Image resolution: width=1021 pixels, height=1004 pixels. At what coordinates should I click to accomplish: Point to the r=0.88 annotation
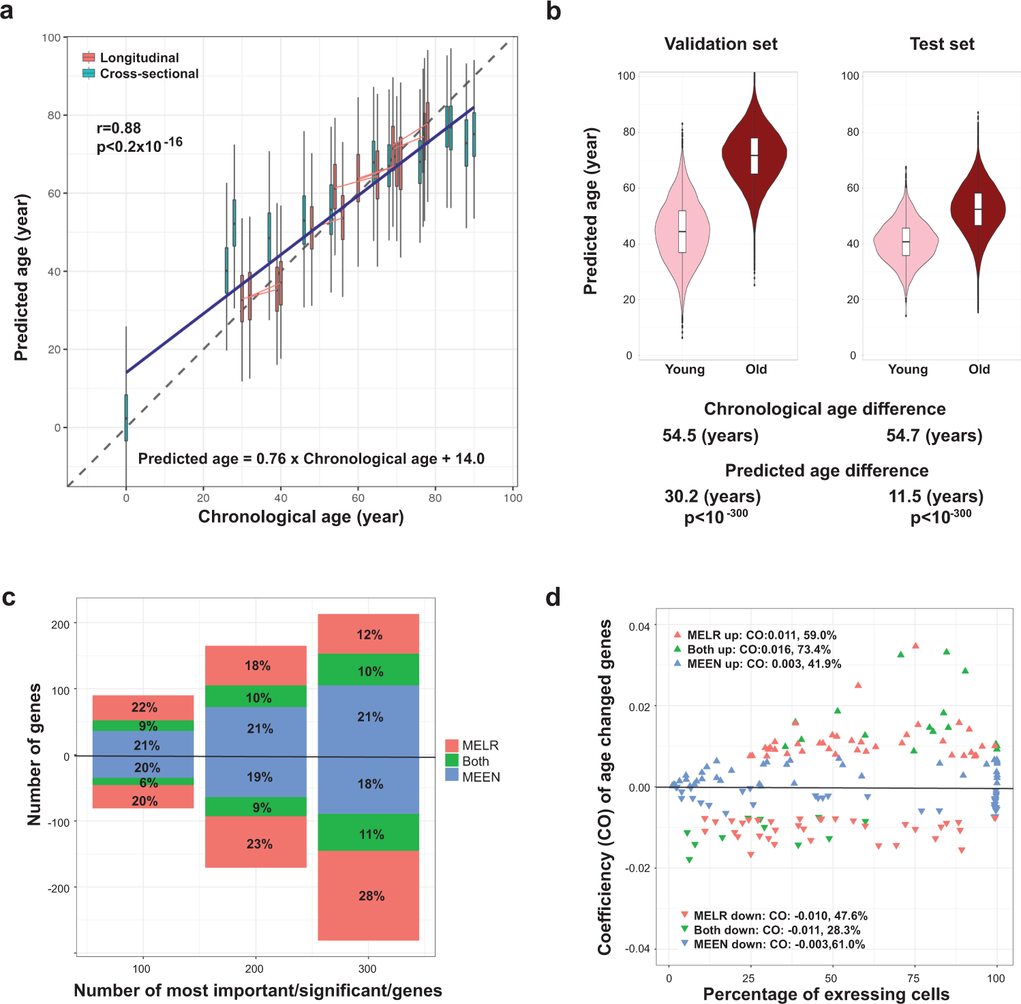(119, 128)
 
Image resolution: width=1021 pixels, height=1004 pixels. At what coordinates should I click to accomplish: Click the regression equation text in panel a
(311, 459)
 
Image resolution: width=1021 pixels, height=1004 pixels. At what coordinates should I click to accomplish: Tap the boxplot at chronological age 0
(126, 417)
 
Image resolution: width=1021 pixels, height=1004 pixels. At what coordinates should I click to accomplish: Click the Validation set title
(720, 44)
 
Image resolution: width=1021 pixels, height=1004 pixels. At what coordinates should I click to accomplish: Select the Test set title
(942, 44)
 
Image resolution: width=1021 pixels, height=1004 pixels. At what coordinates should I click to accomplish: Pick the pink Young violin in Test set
(906, 241)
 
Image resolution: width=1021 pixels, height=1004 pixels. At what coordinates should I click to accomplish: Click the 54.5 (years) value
(710, 436)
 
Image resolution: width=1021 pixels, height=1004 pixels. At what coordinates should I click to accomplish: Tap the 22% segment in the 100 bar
(144, 708)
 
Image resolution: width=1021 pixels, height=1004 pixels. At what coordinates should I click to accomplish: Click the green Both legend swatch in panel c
(451, 761)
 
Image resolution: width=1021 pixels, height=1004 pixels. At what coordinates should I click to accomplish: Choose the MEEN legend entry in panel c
(480, 777)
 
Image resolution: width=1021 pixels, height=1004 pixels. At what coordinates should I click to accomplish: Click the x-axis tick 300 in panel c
(367, 969)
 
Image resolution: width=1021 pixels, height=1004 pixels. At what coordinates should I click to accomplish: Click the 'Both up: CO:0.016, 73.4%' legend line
(758, 650)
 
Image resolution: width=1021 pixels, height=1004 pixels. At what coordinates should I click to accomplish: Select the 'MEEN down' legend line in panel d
(778, 944)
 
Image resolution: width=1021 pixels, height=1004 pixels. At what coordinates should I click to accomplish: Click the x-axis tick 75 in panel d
(913, 978)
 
